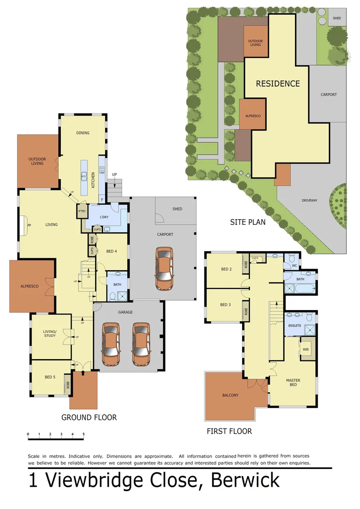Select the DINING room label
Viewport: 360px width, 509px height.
pos(83,133)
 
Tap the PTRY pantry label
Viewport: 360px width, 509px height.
pos(82,212)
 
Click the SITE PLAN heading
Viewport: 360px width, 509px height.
pos(247,222)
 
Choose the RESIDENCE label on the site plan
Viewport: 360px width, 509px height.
pos(278,84)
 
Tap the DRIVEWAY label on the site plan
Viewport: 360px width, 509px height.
pos(310,200)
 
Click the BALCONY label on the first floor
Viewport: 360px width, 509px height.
pos(230,395)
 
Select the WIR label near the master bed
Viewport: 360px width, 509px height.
pos(305,350)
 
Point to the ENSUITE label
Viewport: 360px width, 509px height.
pos(295,326)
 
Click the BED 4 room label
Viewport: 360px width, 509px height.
pos(112,251)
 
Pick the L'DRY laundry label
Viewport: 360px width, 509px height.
pos(106,217)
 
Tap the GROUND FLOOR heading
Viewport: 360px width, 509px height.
pos(89,417)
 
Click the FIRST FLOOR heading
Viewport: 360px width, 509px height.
pos(229,431)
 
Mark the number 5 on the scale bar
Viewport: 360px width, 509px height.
pos(83,434)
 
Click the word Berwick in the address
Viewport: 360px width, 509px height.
pos(245,481)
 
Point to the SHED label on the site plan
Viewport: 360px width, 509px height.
pos(336,18)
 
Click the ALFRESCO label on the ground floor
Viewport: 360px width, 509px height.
pos(29,286)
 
